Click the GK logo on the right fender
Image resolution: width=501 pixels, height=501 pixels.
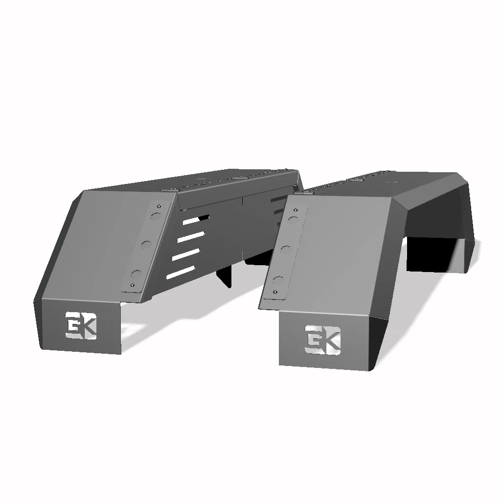[x=322, y=339]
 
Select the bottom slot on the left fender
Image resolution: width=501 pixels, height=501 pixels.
[x=181, y=273]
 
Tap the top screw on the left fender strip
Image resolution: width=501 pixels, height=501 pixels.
[x=158, y=205]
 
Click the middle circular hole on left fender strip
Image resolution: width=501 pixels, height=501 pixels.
[x=146, y=244]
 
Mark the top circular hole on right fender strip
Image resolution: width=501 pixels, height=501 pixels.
[x=294, y=220]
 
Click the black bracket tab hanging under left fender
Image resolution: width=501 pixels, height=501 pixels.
[x=226, y=276]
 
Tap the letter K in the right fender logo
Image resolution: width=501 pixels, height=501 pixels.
[x=331, y=339]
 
